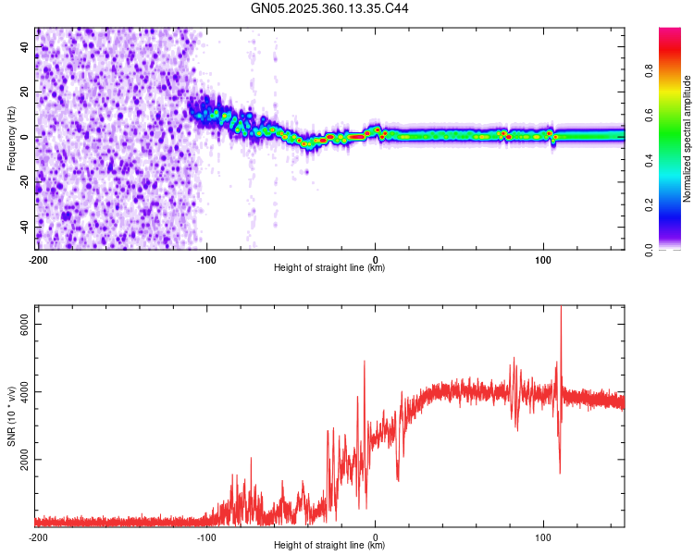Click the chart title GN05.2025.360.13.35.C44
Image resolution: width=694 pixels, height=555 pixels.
pos(329,8)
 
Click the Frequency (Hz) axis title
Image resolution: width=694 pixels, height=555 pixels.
pos(11,139)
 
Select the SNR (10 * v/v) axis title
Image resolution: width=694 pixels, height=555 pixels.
pos(11,416)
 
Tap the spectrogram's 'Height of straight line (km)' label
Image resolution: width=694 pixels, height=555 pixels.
pos(329,267)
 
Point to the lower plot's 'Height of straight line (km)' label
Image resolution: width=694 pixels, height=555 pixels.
pos(329,545)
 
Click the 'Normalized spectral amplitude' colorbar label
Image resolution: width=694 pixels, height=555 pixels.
pos(687,139)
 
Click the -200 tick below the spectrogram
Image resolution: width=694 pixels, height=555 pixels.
pos(38,258)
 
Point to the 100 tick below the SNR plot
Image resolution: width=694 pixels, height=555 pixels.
pos(543,536)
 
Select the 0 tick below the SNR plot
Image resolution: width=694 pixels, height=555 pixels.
pos(375,536)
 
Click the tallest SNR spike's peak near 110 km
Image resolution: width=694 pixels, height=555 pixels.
pos(561,307)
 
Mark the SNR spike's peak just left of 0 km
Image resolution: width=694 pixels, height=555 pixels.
pos(365,361)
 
